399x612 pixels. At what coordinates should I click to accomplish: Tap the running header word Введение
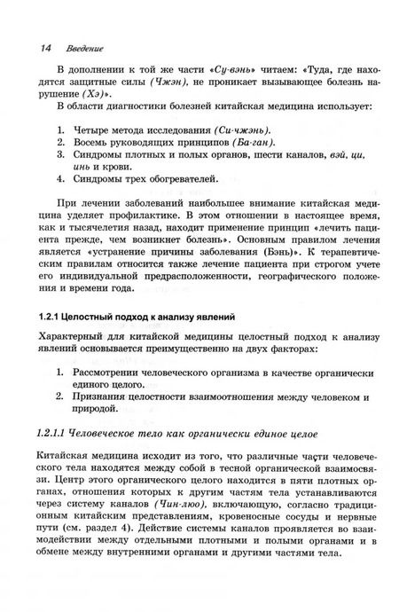point(80,45)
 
